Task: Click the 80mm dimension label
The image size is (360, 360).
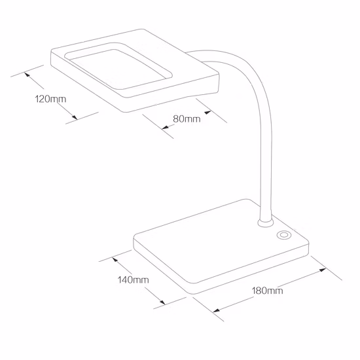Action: click(187, 119)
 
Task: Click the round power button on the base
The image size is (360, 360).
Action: click(285, 235)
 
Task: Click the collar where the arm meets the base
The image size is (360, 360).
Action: click(266, 224)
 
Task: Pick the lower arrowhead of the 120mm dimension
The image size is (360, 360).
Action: click(74, 118)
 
